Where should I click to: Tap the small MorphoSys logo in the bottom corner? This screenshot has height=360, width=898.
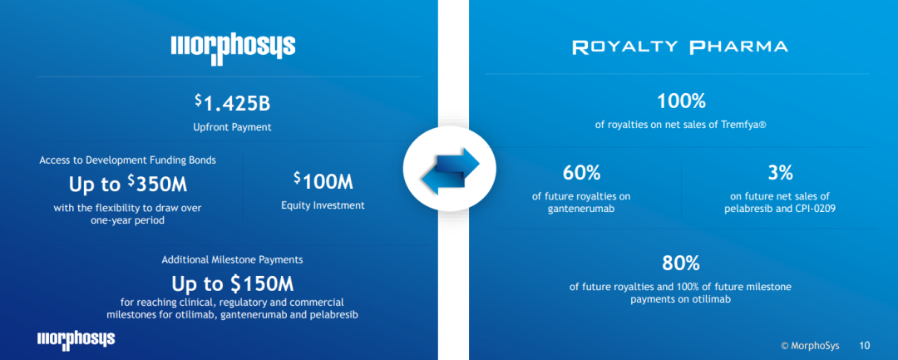pos(76,339)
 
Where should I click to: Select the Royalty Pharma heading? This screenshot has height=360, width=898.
pos(680,47)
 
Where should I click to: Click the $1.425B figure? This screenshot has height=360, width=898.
pos(232,103)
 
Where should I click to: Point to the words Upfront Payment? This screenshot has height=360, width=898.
pos(232,128)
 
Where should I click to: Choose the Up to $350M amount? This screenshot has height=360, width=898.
pos(128,185)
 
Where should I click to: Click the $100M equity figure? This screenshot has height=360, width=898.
pos(323,181)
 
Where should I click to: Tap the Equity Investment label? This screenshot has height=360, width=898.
pos(323,205)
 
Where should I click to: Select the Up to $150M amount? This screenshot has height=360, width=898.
pos(233,284)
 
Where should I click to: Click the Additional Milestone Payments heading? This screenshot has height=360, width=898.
pos(233,259)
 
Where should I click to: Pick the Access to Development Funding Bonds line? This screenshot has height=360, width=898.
pos(128,160)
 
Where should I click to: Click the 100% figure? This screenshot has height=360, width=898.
pos(681,101)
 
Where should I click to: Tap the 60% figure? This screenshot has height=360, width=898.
pos(581,172)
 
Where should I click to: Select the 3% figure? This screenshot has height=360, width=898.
pos(780,172)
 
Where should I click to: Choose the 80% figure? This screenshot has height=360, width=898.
pos(681,264)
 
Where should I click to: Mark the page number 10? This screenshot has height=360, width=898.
pos(865,346)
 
